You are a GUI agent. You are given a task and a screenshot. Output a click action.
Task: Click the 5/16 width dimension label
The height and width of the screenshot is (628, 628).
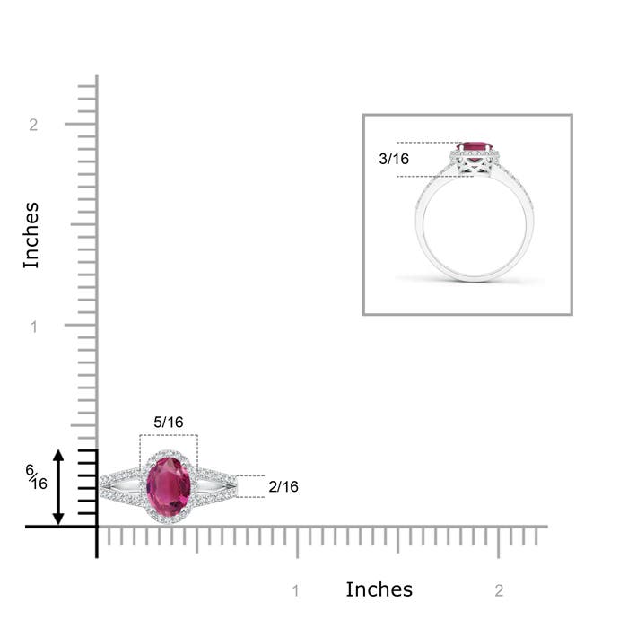point(169,422)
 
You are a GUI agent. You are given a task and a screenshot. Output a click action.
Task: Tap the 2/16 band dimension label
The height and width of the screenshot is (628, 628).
point(283,486)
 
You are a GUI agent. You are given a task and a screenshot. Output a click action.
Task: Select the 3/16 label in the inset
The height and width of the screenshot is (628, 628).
point(394,159)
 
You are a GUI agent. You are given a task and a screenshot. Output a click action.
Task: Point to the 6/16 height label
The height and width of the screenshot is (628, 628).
point(36,477)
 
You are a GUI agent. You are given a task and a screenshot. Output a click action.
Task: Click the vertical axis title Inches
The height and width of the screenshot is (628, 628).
point(31,235)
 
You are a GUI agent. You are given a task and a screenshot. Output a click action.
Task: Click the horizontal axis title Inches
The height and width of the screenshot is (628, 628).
point(379,589)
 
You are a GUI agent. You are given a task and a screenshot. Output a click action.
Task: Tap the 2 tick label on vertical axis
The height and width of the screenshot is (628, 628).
point(33,125)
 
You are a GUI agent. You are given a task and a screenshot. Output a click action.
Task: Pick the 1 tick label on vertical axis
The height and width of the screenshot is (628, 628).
point(33,327)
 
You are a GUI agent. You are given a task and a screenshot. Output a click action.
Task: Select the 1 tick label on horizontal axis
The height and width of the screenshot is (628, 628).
point(296,590)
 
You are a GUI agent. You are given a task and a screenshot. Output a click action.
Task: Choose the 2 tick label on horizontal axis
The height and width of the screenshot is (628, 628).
point(499,590)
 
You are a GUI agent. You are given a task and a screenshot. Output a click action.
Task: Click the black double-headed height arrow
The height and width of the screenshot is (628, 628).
point(59,487)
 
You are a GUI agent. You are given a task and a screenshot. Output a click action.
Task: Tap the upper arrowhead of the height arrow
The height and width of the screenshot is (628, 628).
point(59,456)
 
